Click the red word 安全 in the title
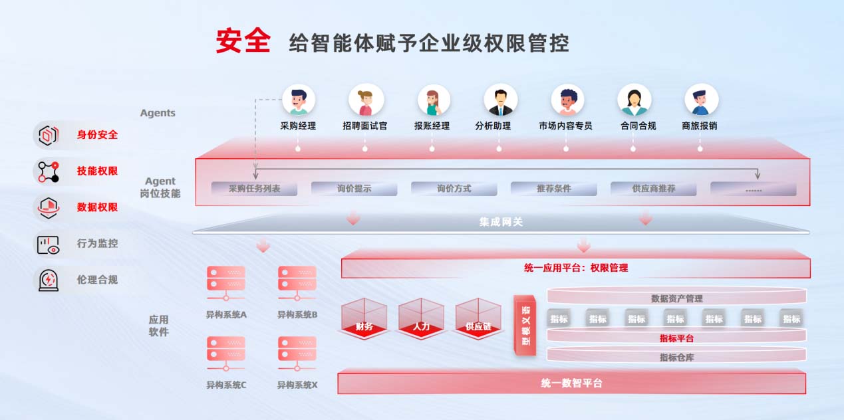[243, 41]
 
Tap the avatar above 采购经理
[298, 100]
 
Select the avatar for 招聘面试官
[365, 100]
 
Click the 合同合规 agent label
[638, 126]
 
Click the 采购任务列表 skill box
[254, 189]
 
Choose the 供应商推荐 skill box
[653, 189]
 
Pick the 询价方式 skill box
[454, 189]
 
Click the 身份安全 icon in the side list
[48, 135]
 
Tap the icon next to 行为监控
[48, 244]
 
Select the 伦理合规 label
[97, 280]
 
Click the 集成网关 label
[501, 222]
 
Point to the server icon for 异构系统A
[226, 283]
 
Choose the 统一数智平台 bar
[571, 383]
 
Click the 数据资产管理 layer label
[676, 299]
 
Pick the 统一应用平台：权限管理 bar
[575, 268]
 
